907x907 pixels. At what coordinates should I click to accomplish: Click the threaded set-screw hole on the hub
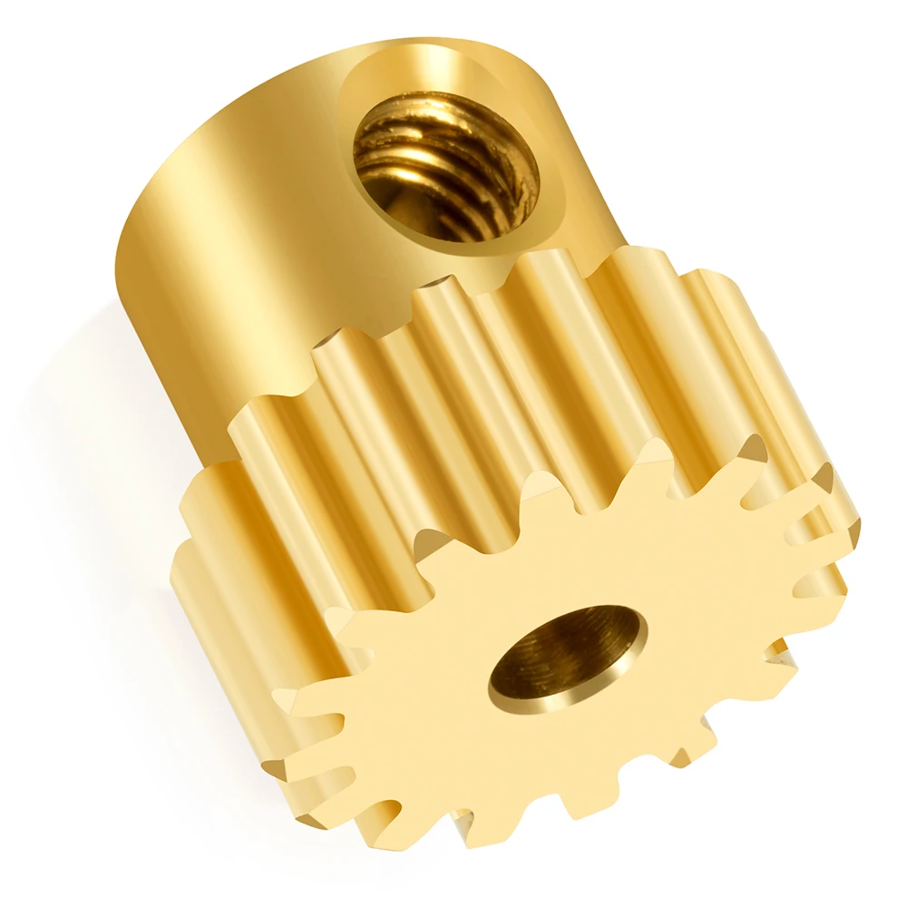pyautogui.click(x=445, y=168)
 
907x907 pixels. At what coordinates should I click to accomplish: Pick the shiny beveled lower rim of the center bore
pyautogui.click(x=544, y=703)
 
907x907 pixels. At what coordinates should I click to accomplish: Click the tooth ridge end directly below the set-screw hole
pyautogui.click(x=435, y=299)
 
